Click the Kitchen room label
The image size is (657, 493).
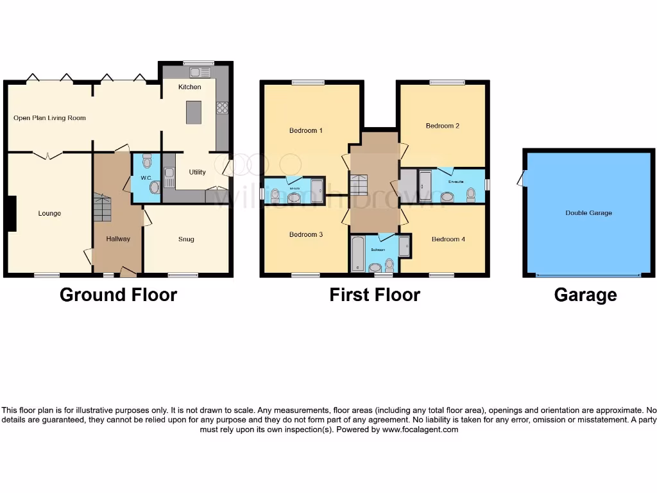coord(189,87)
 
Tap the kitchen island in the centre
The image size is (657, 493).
coord(193,112)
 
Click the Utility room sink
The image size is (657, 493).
coord(169,177)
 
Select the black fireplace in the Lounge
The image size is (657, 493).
coord(11,212)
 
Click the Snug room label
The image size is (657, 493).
coord(186,239)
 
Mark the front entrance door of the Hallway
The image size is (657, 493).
coord(128,273)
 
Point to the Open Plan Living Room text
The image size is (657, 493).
coord(49,118)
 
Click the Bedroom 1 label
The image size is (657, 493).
coord(305,130)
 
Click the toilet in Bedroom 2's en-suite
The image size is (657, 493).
coord(472,193)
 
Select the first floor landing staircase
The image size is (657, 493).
coord(358,186)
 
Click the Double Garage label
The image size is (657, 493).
coord(588,213)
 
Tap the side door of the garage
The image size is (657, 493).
coord(521,178)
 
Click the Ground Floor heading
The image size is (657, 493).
coord(118,295)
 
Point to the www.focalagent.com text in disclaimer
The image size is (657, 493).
coord(420,429)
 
